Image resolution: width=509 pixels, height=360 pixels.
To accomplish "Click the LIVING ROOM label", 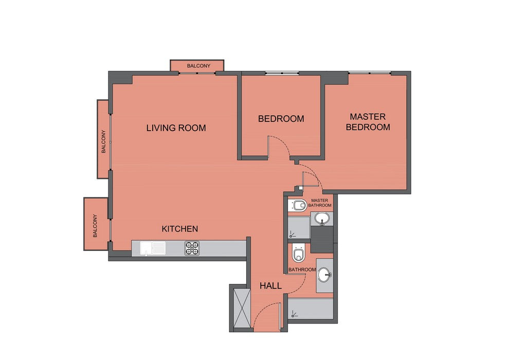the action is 176,128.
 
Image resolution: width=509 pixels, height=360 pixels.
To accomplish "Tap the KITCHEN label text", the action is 180,229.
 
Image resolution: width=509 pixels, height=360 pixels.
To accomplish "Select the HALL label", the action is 270,286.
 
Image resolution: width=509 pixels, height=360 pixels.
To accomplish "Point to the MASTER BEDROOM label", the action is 368,122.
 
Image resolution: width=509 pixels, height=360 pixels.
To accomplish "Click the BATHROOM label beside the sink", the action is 302,270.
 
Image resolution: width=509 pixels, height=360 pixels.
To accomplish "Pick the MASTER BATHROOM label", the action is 320,203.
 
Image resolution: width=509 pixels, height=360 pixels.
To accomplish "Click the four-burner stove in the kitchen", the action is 192,248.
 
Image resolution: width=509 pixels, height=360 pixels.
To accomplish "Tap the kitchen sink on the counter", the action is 153,248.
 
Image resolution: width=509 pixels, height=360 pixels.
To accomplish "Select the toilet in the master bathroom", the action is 299,206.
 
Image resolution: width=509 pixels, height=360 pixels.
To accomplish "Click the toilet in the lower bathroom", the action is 298,253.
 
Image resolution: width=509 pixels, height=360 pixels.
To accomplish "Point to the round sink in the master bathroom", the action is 322,218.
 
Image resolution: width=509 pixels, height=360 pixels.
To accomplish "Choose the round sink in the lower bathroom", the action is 324,275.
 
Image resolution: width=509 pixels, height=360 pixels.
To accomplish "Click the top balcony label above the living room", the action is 198,66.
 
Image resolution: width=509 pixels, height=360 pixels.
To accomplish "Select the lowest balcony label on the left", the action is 95,226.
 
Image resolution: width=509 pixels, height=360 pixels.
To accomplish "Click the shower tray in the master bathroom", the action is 299,228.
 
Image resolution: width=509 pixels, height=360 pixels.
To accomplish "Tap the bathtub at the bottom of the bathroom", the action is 311,309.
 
